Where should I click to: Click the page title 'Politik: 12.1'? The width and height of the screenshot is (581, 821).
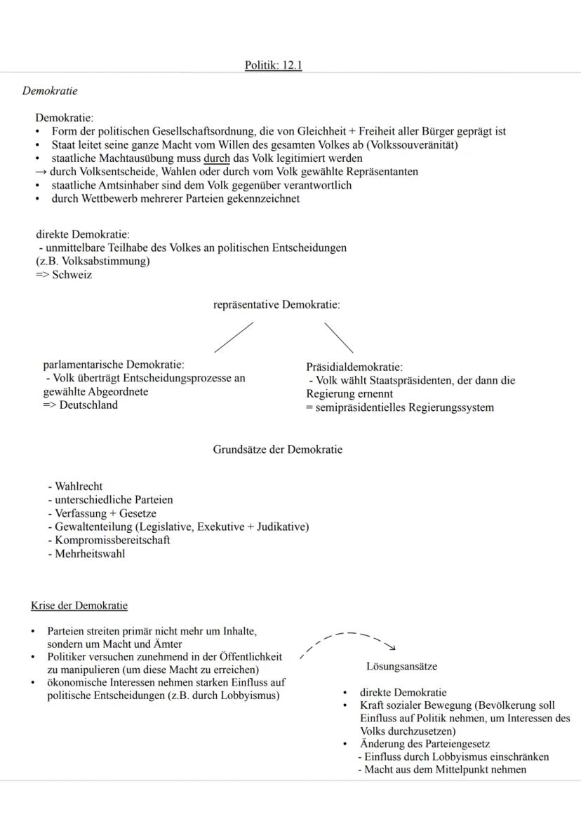tap(274, 65)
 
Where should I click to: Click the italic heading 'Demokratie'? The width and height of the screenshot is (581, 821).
tap(50, 91)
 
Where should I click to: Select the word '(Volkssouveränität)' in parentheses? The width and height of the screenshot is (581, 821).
tap(412, 145)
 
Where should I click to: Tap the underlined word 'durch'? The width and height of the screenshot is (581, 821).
tap(217, 158)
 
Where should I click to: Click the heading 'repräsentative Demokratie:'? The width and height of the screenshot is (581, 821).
tap(276, 305)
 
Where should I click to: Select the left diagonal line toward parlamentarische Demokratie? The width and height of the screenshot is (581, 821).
tap(234, 337)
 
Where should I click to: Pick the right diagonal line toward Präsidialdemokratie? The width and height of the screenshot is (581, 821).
tap(338, 337)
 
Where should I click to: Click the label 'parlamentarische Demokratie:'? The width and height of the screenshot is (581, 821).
tap(114, 365)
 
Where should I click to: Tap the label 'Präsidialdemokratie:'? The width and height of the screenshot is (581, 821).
tap(354, 367)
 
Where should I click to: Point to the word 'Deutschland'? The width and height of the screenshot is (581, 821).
tap(88, 405)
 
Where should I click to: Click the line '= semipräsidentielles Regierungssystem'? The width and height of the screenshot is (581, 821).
tap(399, 407)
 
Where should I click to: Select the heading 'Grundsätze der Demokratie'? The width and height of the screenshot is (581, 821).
tap(278, 450)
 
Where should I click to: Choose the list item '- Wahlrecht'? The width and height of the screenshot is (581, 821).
tap(75, 486)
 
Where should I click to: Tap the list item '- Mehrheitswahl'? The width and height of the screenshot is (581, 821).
tap(86, 553)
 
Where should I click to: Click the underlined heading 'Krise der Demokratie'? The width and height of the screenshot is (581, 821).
tap(79, 605)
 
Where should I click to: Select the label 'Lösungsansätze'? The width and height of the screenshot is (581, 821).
tap(401, 666)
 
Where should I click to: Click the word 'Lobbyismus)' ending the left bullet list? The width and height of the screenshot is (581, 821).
tap(251, 695)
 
